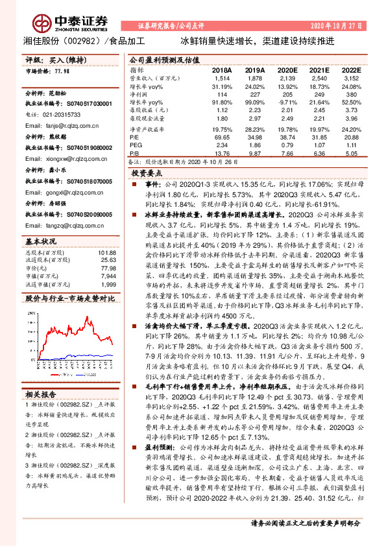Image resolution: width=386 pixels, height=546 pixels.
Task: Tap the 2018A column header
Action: (x=222, y=69)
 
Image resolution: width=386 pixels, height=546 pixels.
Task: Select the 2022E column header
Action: (x=351, y=69)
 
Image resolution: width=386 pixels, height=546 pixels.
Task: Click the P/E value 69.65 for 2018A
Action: (x=222, y=137)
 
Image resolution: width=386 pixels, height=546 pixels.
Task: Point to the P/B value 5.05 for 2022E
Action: (x=351, y=153)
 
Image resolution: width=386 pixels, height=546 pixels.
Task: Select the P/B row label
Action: (x=134, y=153)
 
